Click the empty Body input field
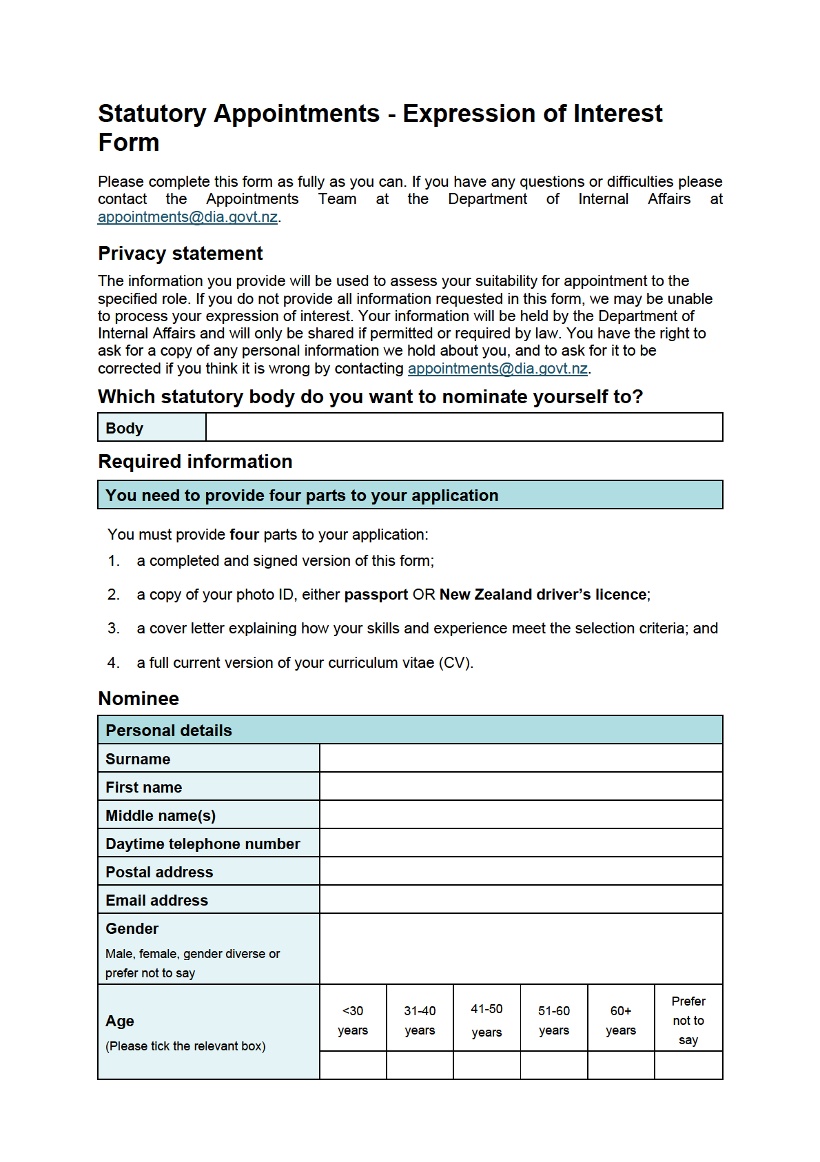click(x=464, y=427)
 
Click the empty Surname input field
click(x=521, y=758)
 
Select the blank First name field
click(x=521, y=786)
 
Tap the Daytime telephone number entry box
click(x=521, y=843)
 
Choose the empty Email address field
click(x=521, y=899)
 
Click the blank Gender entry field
click(x=521, y=949)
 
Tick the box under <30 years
click(x=353, y=1066)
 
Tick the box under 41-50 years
click(x=486, y=1066)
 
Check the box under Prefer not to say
click(x=688, y=1066)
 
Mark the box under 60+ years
click(x=621, y=1066)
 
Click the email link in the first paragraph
click(x=187, y=217)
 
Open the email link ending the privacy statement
click(x=498, y=369)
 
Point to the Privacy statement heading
click(x=181, y=254)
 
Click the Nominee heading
click(x=139, y=699)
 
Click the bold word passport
click(x=376, y=595)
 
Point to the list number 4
click(x=114, y=663)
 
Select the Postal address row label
click(x=159, y=872)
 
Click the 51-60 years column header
click(x=554, y=1020)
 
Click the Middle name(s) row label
click(x=161, y=815)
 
